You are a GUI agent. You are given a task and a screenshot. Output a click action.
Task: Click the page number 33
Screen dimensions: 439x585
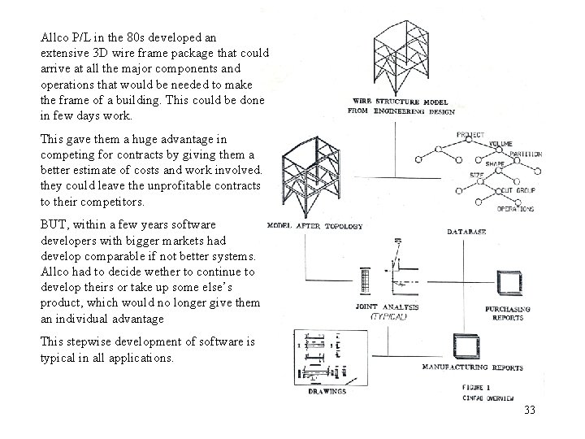[x=529, y=410]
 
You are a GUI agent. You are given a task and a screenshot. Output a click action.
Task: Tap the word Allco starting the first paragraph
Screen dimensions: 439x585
[x=54, y=37]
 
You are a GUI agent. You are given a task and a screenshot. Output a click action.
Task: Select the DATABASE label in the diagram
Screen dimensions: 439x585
[x=466, y=233]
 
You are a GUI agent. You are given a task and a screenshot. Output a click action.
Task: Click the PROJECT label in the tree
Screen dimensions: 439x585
[x=470, y=134]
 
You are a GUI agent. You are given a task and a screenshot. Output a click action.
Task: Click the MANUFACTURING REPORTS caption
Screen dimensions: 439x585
[x=472, y=367]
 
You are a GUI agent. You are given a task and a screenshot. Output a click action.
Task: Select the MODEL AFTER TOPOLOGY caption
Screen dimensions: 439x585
[x=314, y=225]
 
